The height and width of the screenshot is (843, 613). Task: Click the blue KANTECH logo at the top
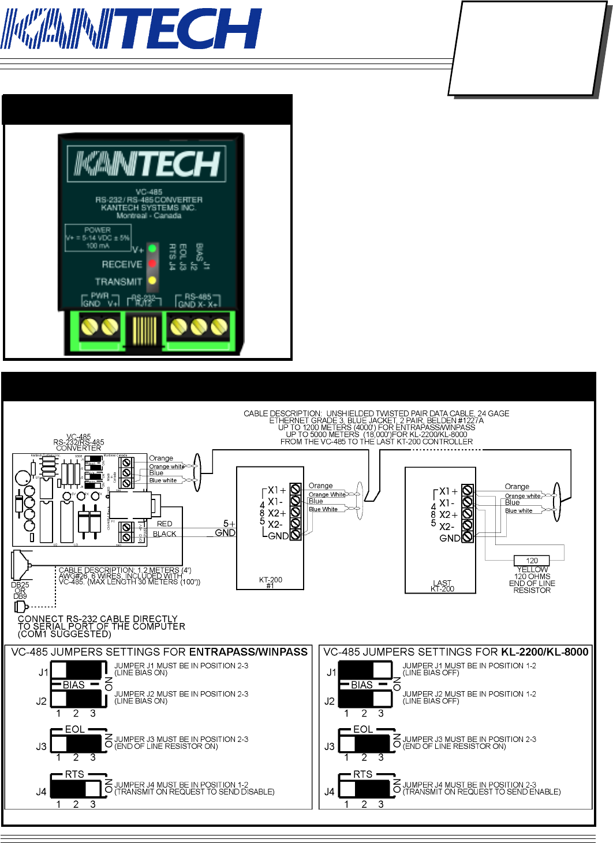pos(131,29)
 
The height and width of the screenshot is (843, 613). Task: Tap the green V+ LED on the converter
pos(152,248)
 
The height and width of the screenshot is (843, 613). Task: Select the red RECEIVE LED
pos(152,264)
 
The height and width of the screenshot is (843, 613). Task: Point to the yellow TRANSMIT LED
pos(152,281)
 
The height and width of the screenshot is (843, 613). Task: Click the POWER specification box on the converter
pos(98,237)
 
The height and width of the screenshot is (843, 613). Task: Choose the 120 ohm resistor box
pos(532,561)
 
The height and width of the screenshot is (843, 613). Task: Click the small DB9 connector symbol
pos(21,607)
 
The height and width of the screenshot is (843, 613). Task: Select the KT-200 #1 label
pos(270,583)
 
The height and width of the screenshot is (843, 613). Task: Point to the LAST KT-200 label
pos(442,586)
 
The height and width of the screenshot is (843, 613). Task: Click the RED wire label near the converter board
pos(165,524)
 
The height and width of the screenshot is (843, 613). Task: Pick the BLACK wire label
pos(165,534)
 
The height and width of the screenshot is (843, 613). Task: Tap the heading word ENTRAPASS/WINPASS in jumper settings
pos(248,652)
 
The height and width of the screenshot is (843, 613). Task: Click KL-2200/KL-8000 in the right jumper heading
pos(544,652)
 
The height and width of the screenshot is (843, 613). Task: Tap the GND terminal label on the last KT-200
pos(450,538)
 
